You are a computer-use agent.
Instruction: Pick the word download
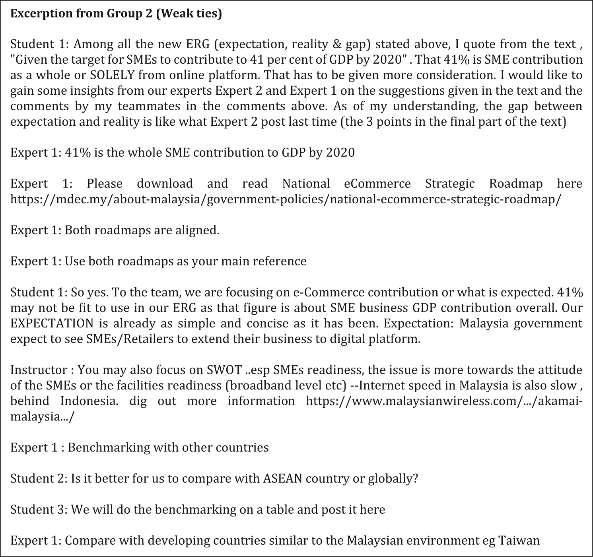coord(165,183)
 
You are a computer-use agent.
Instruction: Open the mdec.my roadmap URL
coord(286,199)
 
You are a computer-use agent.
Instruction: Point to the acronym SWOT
coord(224,370)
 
